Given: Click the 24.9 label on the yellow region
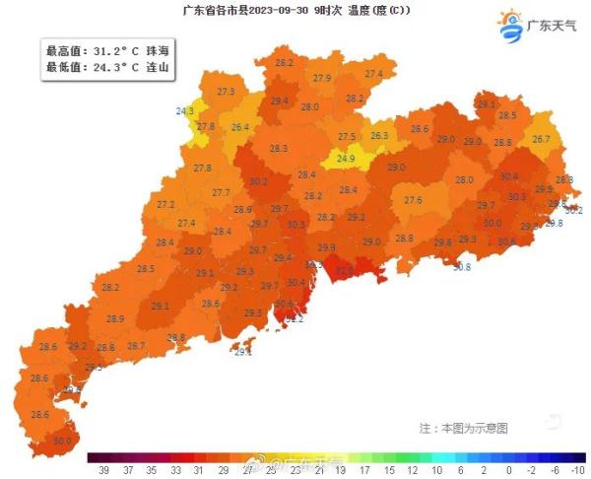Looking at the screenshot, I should [346, 158].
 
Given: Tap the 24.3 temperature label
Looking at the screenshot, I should [185, 112].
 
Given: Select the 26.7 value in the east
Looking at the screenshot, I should [541, 140].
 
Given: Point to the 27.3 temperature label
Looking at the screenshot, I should [226, 92].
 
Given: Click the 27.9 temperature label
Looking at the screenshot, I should [322, 78].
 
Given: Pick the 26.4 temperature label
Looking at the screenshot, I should [240, 128].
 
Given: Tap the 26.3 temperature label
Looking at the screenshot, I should [379, 136].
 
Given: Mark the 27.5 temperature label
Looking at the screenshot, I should [347, 137].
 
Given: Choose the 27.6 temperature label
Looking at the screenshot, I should [413, 201].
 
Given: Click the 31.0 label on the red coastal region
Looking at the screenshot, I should [344, 269].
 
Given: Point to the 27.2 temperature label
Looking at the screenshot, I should [165, 205].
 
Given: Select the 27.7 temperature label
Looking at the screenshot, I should [221, 193].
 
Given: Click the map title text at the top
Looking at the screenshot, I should [295, 11].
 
